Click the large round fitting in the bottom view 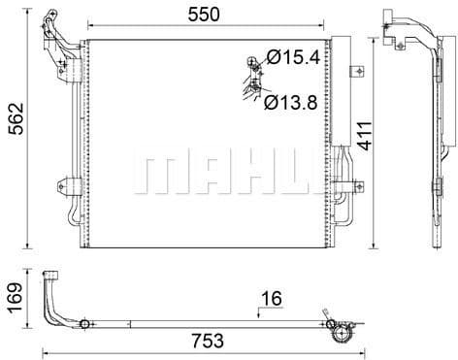341,333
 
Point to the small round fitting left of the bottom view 84,324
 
